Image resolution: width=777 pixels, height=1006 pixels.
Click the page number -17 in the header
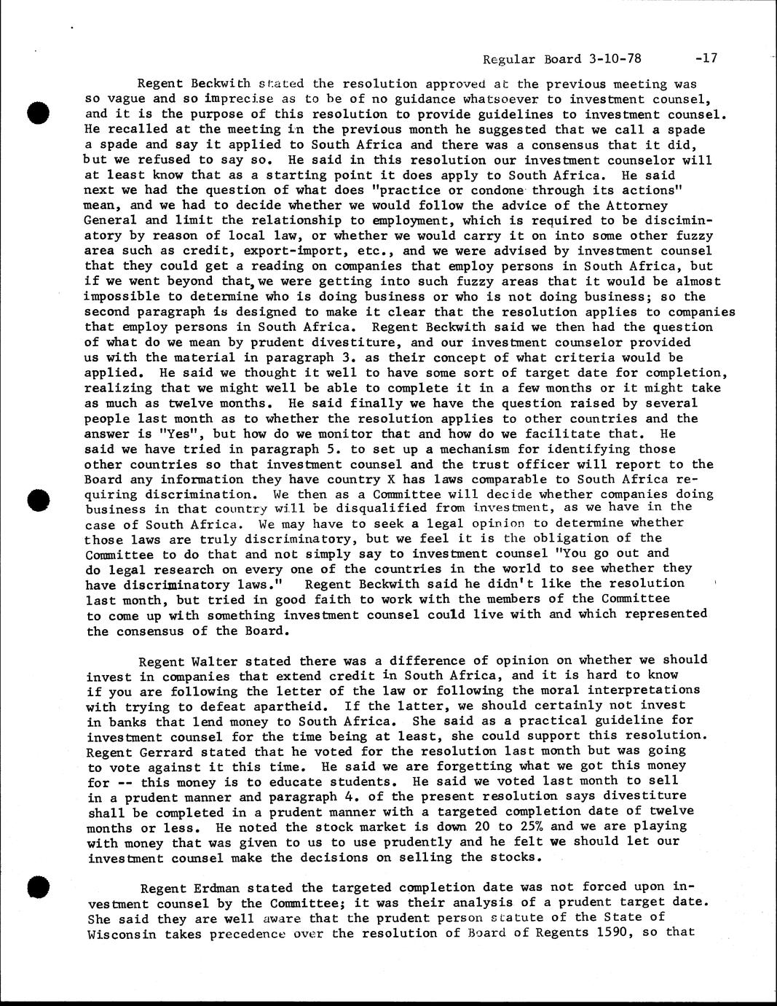tap(706, 59)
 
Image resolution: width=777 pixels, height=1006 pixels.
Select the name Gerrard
tap(165, 751)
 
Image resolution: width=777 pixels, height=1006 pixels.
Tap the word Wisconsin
tap(119, 932)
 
